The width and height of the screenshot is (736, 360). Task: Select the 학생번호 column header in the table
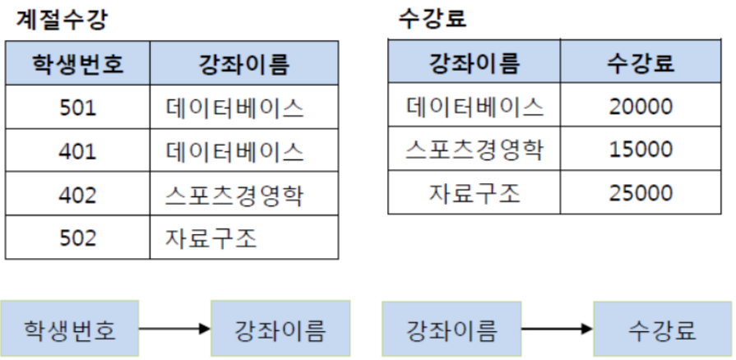pyautogui.click(x=78, y=63)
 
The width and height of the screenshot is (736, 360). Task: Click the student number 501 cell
pyautogui.click(x=78, y=108)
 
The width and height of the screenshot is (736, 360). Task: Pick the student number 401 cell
pyautogui.click(x=78, y=151)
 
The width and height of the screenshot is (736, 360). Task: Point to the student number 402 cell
pyautogui.click(x=78, y=195)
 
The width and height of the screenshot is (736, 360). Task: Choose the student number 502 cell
pyautogui.click(x=78, y=238)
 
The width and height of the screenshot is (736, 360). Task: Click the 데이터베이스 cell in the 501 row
pyautogui.click(x=234, y=108)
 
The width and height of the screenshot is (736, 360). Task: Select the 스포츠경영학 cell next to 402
pyautogui.click(x=234, y=195)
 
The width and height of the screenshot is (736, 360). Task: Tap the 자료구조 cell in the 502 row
pyautogui.click(x=211, y=238)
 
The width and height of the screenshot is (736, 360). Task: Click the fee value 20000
pyautogui.click(x=641, y=106)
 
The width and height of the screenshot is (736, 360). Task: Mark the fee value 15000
pyautogui.click(x=641, y=150)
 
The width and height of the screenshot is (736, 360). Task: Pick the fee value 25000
pyautogui.click(x=641, y=193)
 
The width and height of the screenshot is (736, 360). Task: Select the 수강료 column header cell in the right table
pyautogui.click(x=641, y=63)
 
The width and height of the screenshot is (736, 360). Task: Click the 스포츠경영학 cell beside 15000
pyautogui.click(x=474, y=150)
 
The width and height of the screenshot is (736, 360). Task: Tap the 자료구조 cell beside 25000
pyautogui.click(x=474, y=193)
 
